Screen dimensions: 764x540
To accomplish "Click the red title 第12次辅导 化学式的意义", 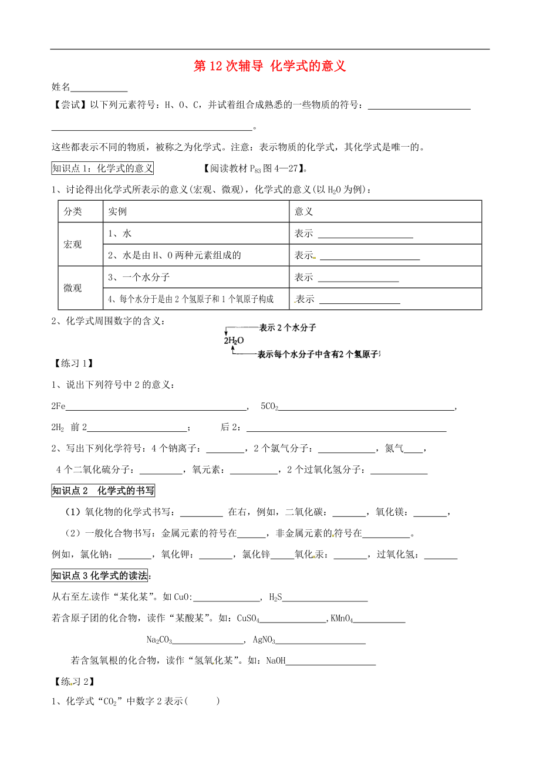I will click(270, 66).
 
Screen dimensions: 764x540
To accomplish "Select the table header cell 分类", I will click(73, 211).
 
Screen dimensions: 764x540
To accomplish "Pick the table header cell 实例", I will click(117, 211).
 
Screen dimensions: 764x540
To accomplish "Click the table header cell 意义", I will click(304, 211).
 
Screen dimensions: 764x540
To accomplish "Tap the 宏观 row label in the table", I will click(73, 244).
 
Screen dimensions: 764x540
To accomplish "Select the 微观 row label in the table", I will click(73, 288).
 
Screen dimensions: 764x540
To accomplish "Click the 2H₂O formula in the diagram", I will click(233, 340).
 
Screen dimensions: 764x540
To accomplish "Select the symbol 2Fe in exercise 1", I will click(59, 406).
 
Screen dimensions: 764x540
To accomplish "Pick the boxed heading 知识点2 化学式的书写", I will click(103, 491).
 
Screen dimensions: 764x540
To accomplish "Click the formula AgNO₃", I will click(264, 640).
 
